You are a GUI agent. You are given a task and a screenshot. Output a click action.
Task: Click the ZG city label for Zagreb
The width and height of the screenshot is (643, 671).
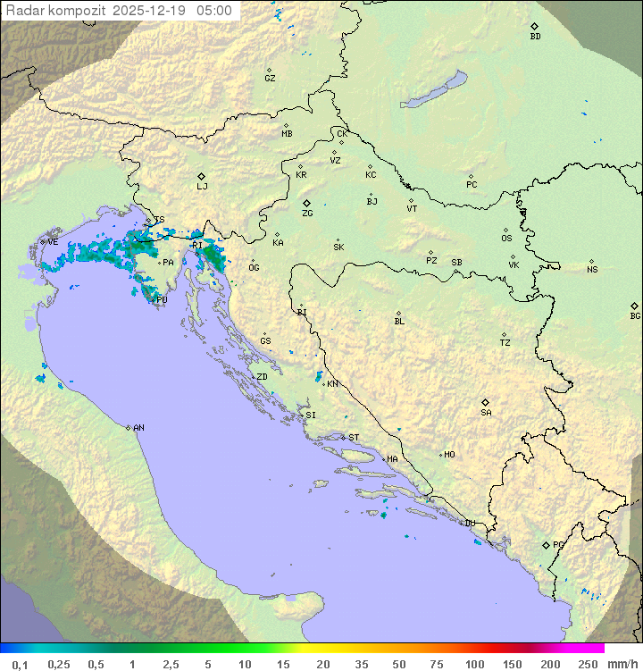[x=307, y=214]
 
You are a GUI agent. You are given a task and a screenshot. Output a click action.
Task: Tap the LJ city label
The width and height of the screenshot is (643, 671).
[x=202, y=187]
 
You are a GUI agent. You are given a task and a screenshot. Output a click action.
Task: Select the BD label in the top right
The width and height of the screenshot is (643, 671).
[x=535, y=37]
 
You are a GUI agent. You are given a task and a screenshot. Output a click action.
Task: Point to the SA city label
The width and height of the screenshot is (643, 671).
[x=486, y=413]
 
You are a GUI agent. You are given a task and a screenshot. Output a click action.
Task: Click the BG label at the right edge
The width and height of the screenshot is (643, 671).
[x=635, y=315]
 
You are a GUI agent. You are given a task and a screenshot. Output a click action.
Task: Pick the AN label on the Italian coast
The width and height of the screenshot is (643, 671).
[x=138, y=428]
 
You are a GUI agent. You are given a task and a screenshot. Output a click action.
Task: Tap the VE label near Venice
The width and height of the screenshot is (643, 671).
[x=53, y=242]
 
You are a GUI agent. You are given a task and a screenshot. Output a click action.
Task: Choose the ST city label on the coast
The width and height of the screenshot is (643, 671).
[x=354, y=438]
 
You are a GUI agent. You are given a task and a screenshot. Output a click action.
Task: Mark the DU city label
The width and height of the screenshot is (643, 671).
[x=469, y=524]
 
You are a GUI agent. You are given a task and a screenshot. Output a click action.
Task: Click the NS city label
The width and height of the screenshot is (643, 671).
[x=592, y=270]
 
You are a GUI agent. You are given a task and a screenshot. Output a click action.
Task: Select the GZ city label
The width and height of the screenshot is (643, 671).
[x=270, y=79]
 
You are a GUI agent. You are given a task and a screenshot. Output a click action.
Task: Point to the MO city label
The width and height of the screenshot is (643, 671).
[x=449, y=455]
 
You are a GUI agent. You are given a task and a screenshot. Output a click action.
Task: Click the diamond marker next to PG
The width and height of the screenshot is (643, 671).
[x=546, y=544]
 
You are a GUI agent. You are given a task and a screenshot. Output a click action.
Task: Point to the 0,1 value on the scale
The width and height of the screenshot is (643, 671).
[x=20, y=664]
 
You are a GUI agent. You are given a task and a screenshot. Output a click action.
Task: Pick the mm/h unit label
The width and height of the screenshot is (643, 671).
[x=622, y=664]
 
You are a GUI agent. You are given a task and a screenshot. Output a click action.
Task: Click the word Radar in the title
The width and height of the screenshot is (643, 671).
[x=23, y=11]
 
